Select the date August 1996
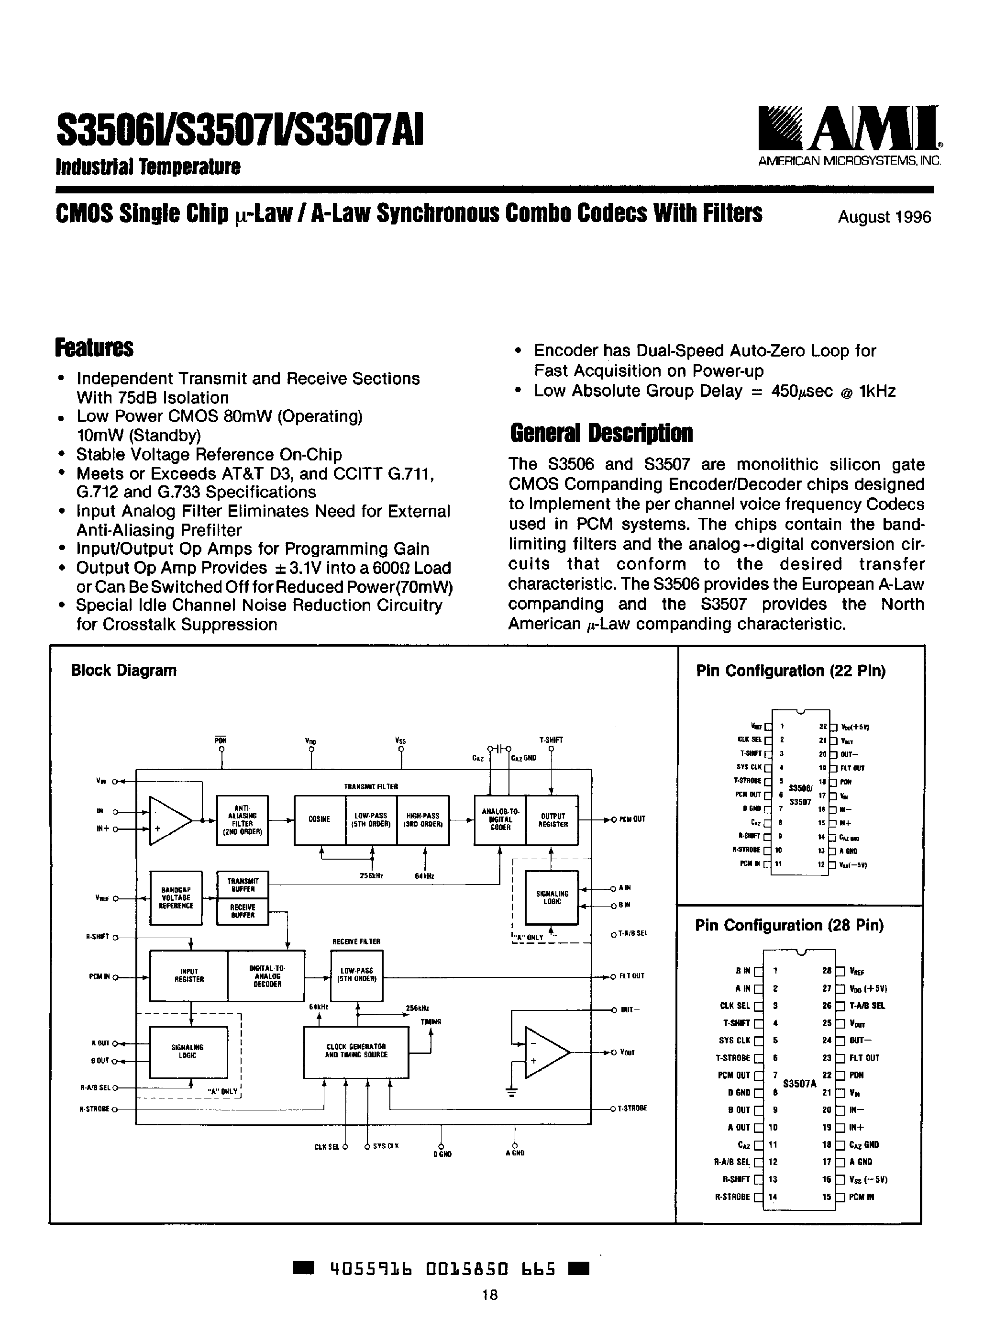pyautogui.click(x=884, y=217)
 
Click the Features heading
pyautogui.click(x=94, y=348)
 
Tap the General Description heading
pyautogui.click(x=601, y=433)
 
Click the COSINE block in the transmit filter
pyautogui.click(x=320, y=819)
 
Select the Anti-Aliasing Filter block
pyautogui.click(x=243, y=819)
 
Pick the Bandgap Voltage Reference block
pyautogui.click(x=176, y=897)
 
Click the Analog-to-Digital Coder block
pyautogui.click(x=500, y=819)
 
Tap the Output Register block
pyautogui.click(x=553, y=819)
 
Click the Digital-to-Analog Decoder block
pyautogui.click(x=266, y=975)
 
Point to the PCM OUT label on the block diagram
pyautogui.click(x=632, y=819)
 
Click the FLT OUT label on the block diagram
pyautogui.click(x=631, y=976)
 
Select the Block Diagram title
pyautogui.click(x=123, y=671)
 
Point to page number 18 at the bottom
pyautogui.click(x=489, y=1295)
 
